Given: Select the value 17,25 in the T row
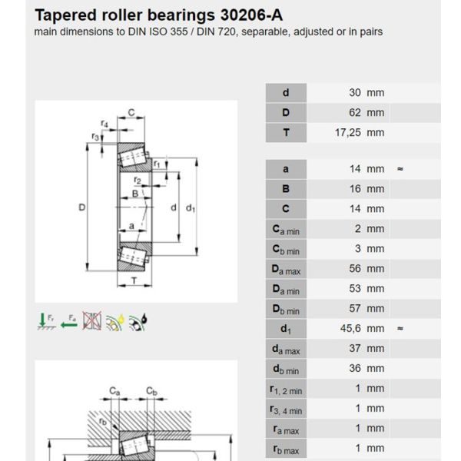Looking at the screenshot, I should [348, 133].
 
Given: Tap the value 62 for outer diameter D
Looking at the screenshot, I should [355, 113].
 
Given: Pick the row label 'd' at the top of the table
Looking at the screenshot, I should [286, 93].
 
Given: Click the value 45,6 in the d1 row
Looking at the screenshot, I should [350, 328].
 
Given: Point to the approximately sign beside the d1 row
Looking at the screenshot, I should [400, 328].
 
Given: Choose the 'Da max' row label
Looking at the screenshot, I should [286, 269].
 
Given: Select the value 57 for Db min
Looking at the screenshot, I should [355, 308].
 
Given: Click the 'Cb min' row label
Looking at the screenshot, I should [286, 249].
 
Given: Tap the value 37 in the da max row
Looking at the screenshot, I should [355, 348].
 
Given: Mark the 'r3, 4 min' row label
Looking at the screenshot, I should [286, 409].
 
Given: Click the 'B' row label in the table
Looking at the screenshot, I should [286, 188].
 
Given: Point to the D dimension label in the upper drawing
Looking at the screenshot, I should [81, 207].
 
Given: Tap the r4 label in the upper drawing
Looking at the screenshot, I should [104, 124].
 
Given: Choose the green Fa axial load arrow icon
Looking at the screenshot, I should [69, 320].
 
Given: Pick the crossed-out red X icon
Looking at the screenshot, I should [92, 320].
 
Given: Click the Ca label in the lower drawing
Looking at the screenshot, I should [114, 391].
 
